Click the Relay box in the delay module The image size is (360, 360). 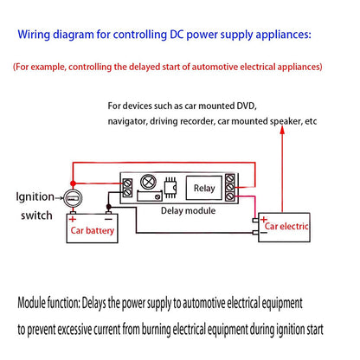click(204, 188)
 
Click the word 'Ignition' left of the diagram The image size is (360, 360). click(35, 196)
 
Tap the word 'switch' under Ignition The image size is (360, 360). click(34, 215)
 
